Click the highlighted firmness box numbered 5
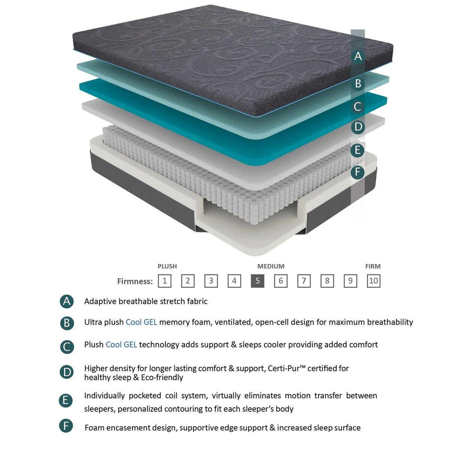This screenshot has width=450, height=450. (258, 281)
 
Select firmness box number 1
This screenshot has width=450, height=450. (165, 281)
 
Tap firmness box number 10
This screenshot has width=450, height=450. (373, 281)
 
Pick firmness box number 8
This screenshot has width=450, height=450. (327, 281)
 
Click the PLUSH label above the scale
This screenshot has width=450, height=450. (167, 266)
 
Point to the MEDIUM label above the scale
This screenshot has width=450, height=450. (271, 266)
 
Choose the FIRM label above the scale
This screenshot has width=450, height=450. (373, 266)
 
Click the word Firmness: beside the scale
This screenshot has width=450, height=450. (135, 281)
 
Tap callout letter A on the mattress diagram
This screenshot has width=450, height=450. (358, 56)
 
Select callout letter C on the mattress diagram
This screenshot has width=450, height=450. (358, 107)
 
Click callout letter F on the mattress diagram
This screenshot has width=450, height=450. (358, 172)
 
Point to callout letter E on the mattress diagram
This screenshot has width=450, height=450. (358, 150)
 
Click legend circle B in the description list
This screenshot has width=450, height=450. (67, 323)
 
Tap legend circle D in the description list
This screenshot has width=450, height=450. (67, 372)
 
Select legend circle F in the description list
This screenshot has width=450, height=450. (66, 426)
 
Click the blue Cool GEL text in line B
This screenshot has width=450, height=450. (141, 322)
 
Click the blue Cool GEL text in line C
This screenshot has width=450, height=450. (121, 345)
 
